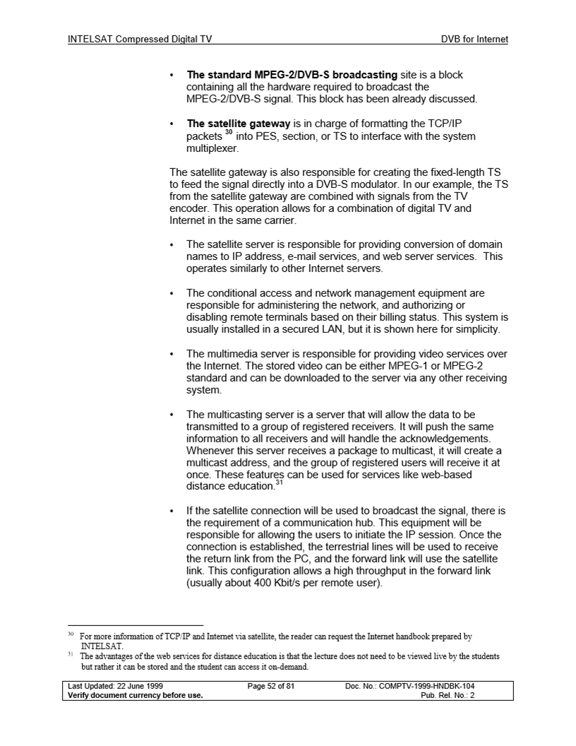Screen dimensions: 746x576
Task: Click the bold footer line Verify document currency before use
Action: (135, 694)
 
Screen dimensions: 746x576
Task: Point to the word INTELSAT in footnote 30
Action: (102, 646)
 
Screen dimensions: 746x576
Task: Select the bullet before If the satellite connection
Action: (173, 510)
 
